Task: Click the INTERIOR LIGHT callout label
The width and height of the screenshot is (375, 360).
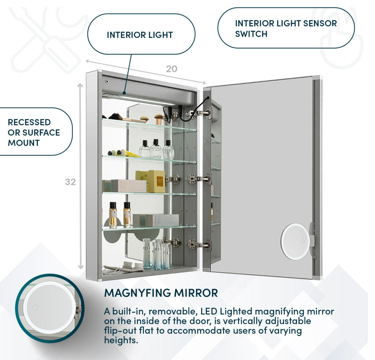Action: coord(140,35)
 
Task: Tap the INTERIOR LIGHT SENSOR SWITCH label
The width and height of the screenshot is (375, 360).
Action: coord(286,28)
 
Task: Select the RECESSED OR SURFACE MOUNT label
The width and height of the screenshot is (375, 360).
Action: coord(34,132)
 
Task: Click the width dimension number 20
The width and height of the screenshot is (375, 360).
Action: coord(172,69)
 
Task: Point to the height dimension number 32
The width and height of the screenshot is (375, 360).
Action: coord(70,182)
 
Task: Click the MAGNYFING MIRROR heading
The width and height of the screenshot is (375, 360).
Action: coord(161,293)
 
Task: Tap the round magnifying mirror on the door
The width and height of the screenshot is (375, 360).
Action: coord(295,241)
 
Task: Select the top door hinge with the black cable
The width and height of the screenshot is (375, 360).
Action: coord(200,113)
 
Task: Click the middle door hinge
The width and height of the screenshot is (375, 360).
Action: coord(198,179)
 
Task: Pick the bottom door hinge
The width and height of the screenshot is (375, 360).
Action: coord(198,244)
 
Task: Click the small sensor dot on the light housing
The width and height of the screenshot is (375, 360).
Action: coord(107,81)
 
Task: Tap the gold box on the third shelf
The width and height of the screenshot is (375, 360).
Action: coord(156,181)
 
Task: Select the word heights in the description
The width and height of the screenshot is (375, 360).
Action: coord(121,340)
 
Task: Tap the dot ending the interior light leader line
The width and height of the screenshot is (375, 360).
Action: coord(124,93)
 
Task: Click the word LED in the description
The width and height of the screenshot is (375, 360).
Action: coord(209,311)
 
